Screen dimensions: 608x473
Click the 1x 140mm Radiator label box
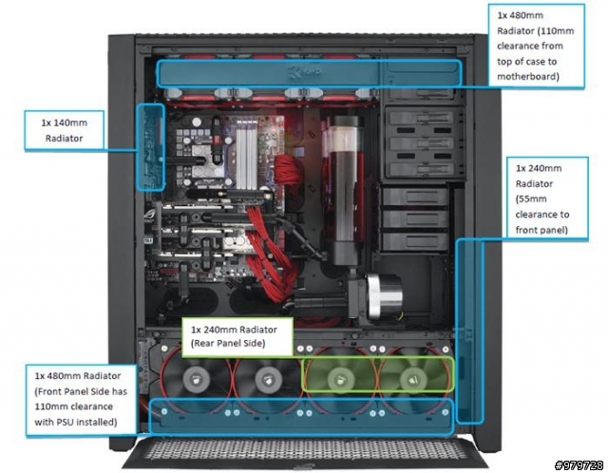point(65,130)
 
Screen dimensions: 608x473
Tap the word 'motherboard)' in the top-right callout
point(528,76)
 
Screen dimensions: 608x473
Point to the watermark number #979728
point(579,464)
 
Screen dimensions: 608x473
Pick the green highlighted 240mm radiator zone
point(378,374)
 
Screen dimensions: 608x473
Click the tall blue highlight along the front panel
point(469,331)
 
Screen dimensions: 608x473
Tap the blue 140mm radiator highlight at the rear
point(150,147)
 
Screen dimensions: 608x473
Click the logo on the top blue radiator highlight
point(305,72)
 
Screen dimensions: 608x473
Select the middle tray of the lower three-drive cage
point(415,218)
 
